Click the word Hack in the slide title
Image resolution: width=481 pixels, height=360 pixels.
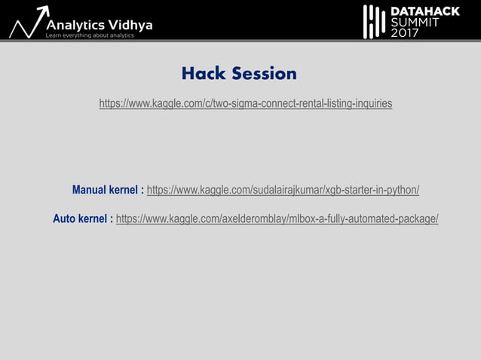point(204,74)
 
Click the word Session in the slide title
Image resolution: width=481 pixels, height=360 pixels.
point(264,74)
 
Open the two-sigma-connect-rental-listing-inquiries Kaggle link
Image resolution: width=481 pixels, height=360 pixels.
point(246,103)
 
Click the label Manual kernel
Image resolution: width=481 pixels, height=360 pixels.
point(107,190)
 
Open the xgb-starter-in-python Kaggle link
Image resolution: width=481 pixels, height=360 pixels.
point(283,190)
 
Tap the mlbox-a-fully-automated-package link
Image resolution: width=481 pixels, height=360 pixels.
point(277,219)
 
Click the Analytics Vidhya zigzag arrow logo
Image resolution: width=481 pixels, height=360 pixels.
point(28,23)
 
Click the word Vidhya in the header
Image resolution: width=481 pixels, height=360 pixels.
point(133,25)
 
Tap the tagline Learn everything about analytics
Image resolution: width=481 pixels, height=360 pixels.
point(90,35)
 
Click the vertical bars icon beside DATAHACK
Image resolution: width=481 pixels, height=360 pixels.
point(375,21)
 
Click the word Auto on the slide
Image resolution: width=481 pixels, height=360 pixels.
point(65,219)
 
